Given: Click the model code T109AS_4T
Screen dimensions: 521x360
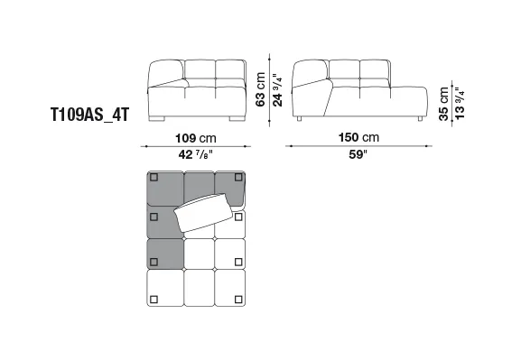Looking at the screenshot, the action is coord(89,115).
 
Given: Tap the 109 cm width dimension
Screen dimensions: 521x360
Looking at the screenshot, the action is coord(196,138).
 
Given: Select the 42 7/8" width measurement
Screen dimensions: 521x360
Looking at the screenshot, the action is coord(195,154).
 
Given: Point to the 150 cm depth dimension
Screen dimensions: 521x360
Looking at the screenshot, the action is coord(358,137).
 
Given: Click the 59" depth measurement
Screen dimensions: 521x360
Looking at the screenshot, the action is coord(358,154).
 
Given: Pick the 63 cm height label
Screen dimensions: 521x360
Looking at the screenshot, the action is coord(260,89).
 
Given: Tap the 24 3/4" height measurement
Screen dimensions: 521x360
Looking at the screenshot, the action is coord(277,89).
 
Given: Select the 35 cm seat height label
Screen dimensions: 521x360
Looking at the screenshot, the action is coord(443,104).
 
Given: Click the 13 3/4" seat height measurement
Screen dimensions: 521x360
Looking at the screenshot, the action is coord(460,104).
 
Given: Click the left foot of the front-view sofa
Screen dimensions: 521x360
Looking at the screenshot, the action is coord(157,118).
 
